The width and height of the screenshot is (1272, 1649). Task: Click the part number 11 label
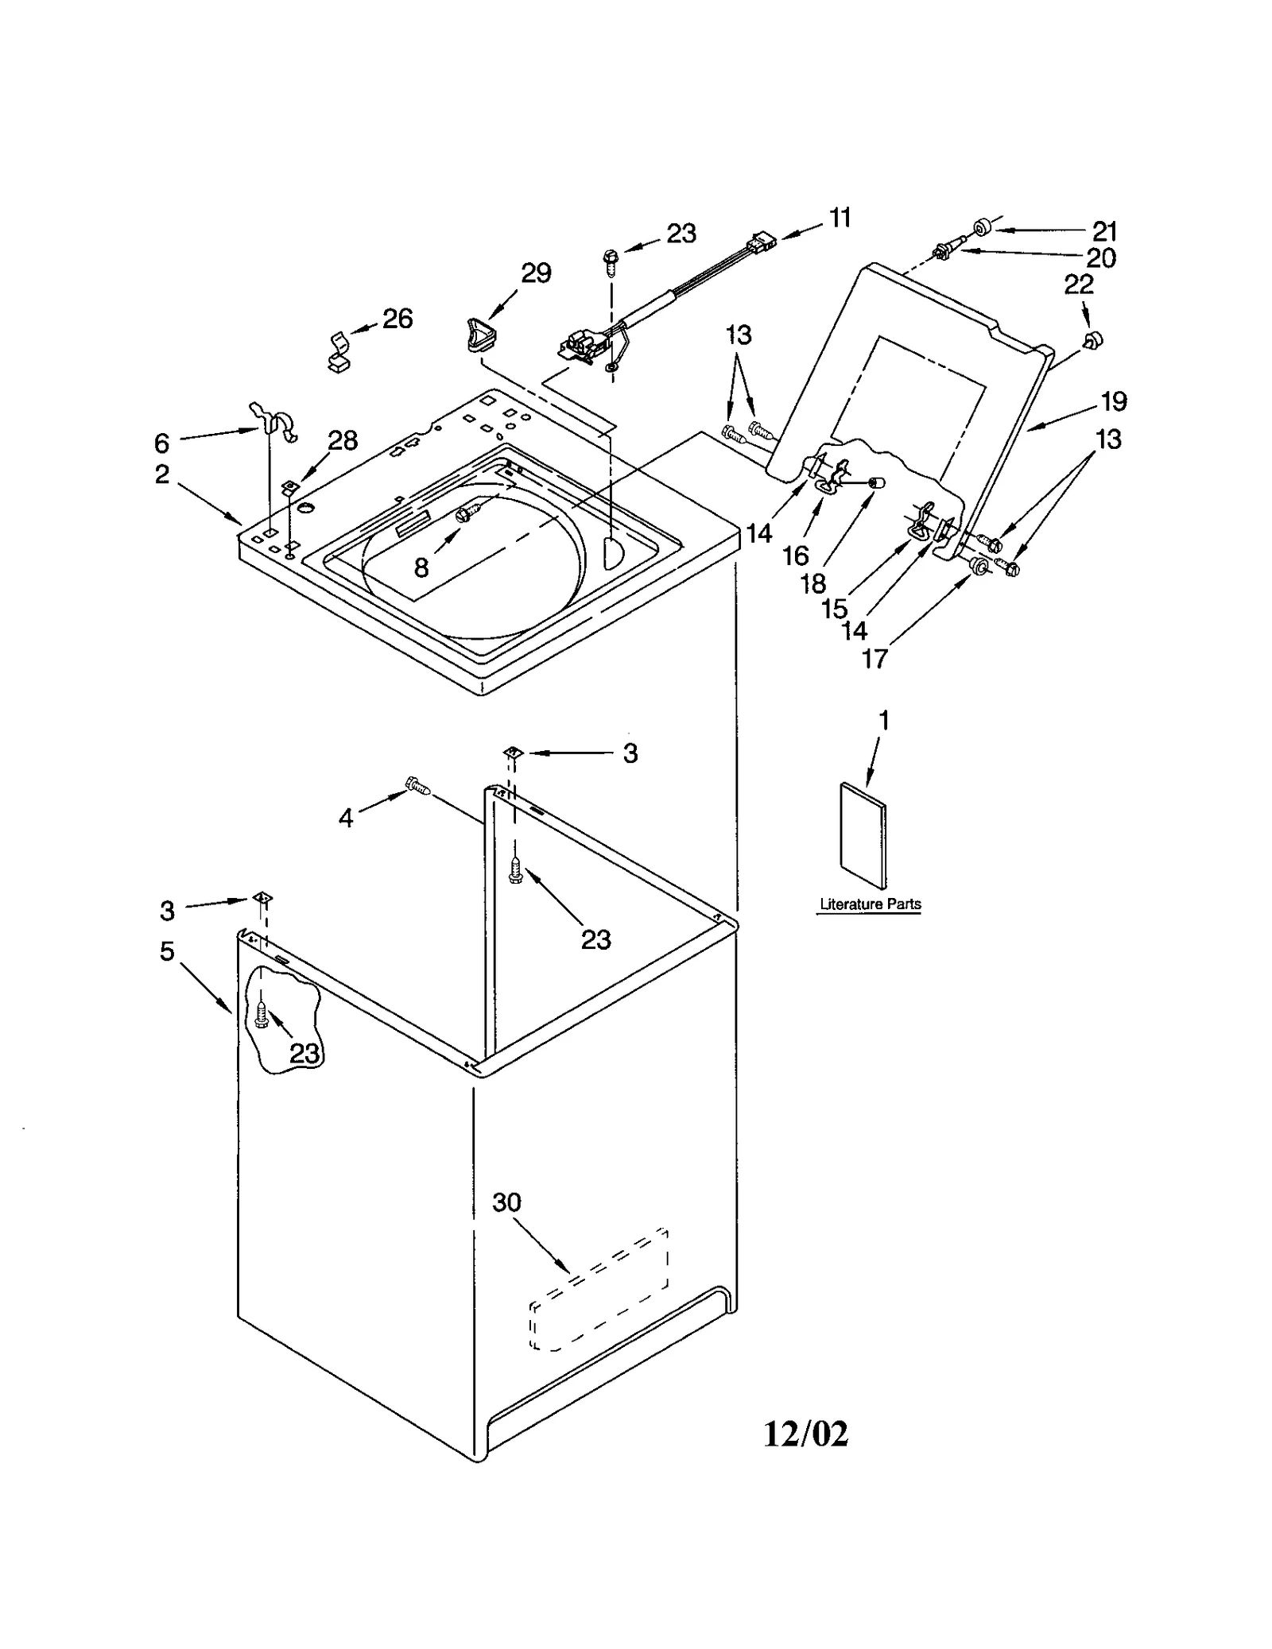pyautogui.click(x=840, y=218)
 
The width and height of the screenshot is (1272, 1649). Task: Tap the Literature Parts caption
pyautogui.click(x=870, y=904)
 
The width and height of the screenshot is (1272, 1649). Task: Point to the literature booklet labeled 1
pyautogui.click(x=863, y=835)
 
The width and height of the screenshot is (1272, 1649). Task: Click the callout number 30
pyautogui.click(x=506, y=1202)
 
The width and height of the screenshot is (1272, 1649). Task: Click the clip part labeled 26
pyautogui.click(x=341, y=353)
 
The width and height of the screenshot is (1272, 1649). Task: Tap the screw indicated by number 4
pyautogui.click(x=418, y=785)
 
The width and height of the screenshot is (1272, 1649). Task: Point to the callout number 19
pyautogui.click(x=1114, y=401)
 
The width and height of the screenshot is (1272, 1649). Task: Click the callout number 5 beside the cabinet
pyautogui.click(x=167, y=951)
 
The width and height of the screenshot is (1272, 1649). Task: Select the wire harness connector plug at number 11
pyautogui.click(x=762, y=242)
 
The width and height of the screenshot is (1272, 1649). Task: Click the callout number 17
pyautogui.click(x=874, y=659)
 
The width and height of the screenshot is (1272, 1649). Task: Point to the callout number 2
pyautogui.click(x=162, y=474)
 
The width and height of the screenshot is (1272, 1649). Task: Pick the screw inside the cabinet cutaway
pyautogui.click(x=262, y=1015)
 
